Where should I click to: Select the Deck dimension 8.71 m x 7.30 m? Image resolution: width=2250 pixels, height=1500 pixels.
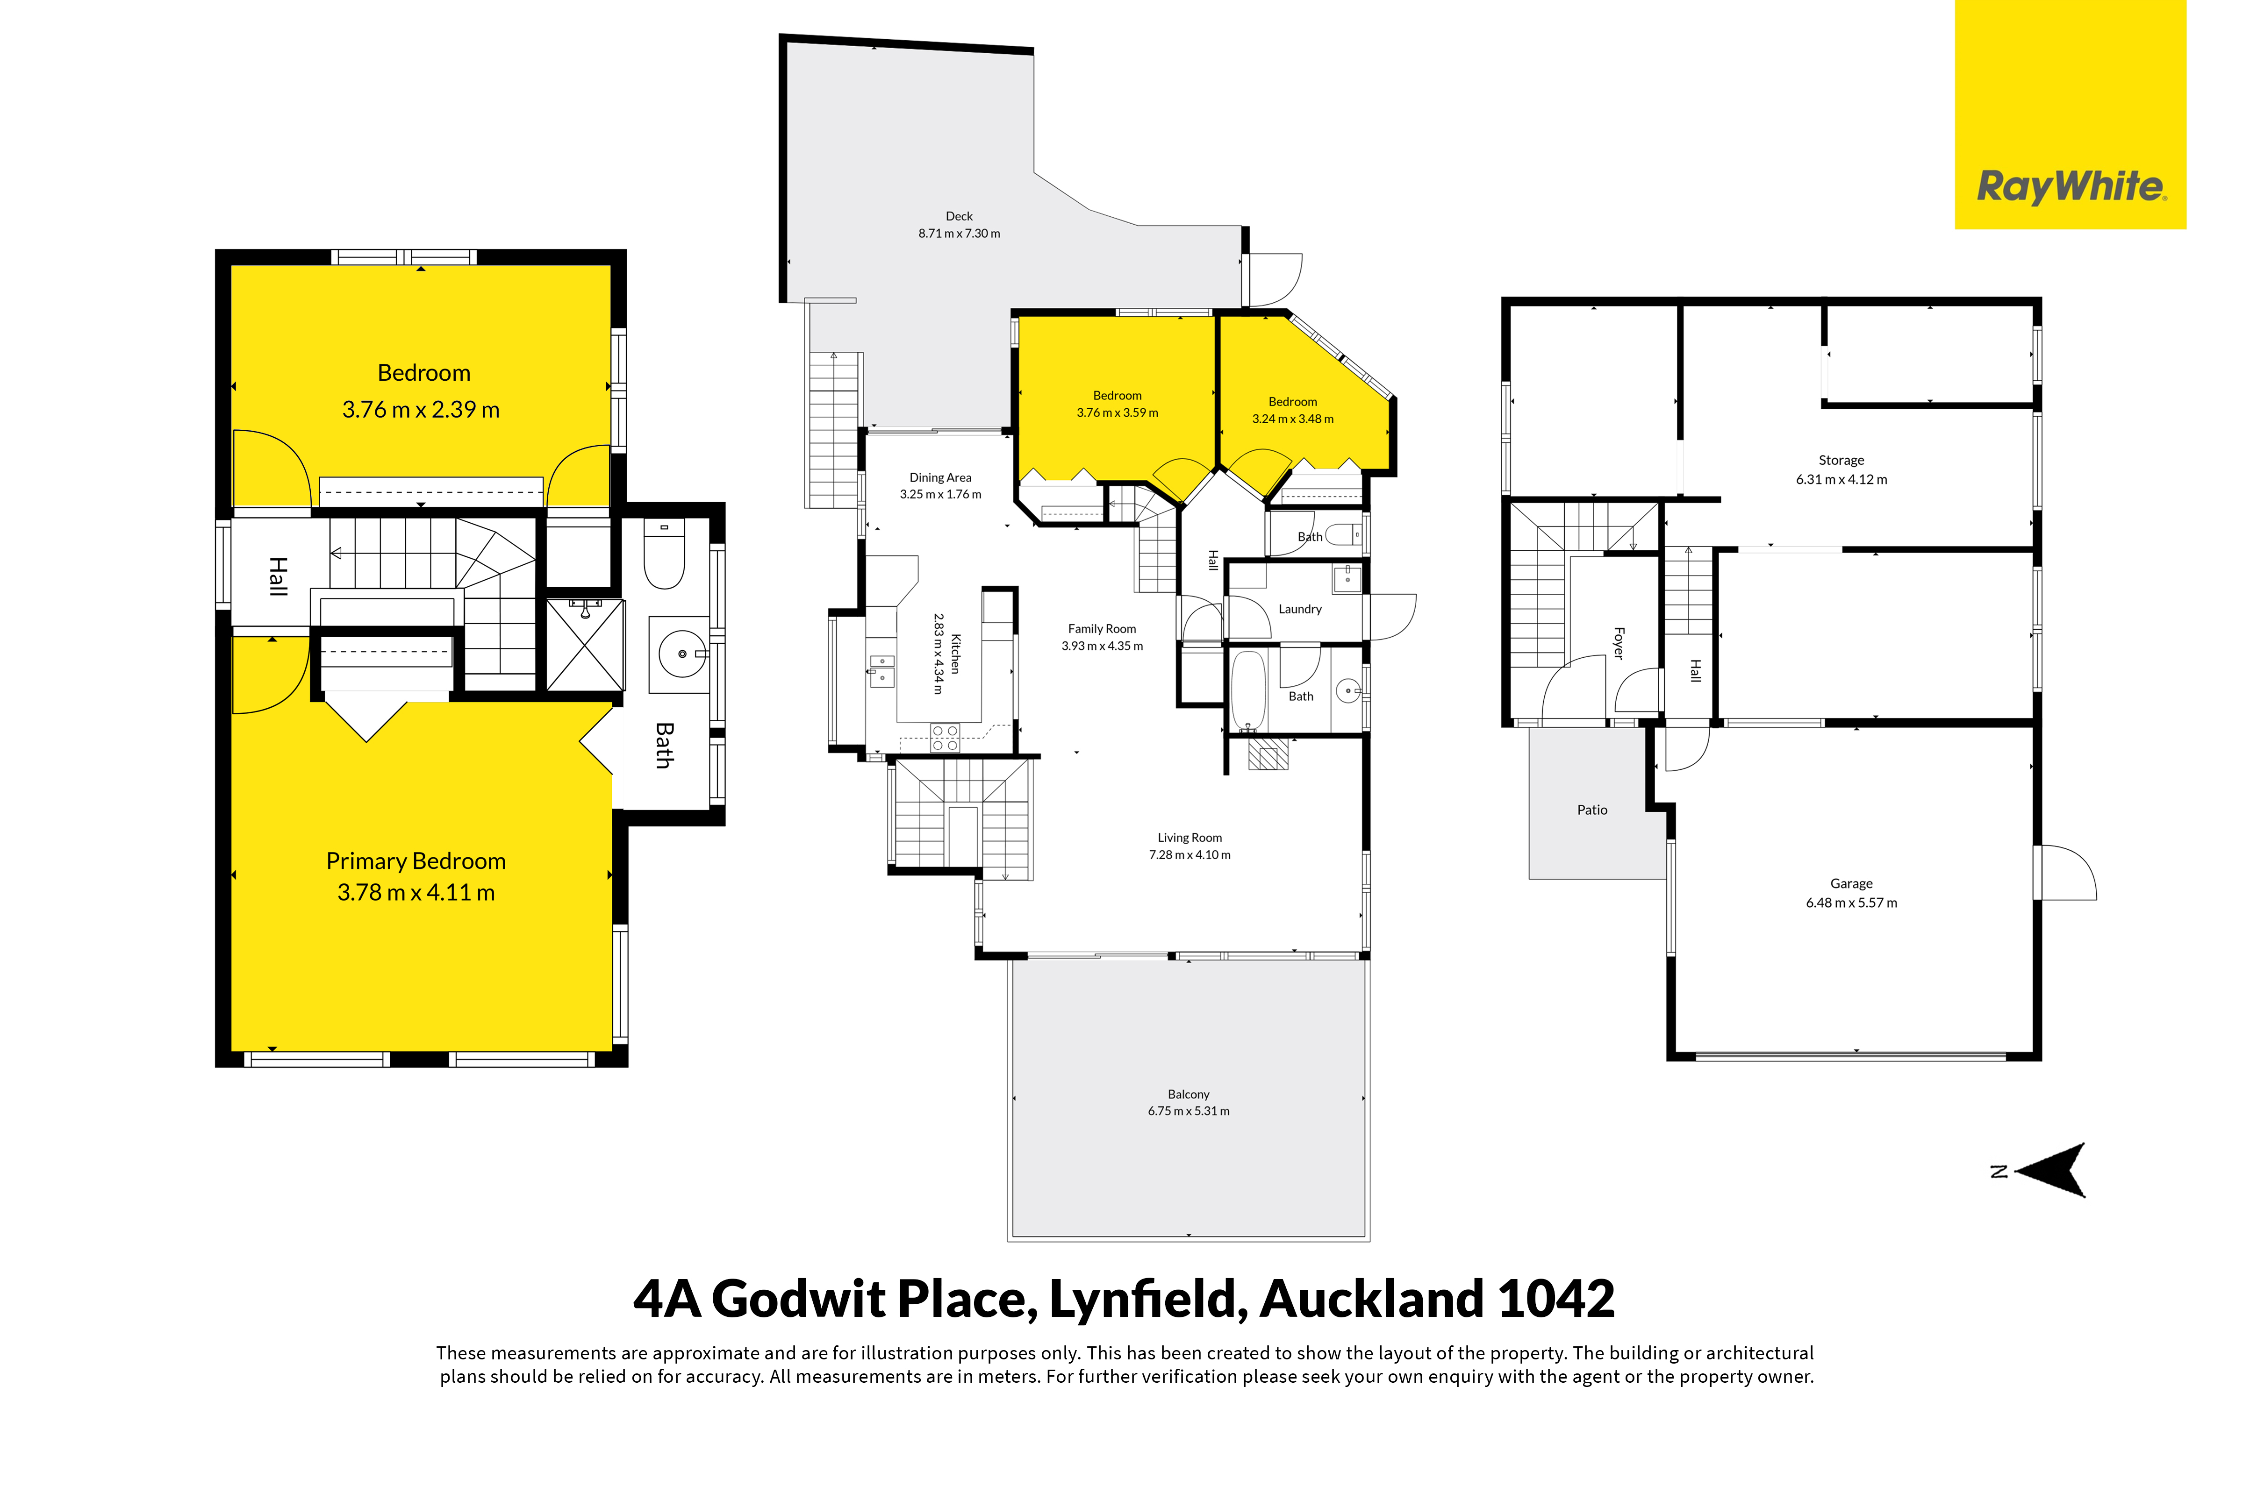coord(959,234)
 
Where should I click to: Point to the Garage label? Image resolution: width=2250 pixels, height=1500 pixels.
coord(1851,884)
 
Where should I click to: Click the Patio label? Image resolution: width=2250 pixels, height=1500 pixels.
coord(1591,810)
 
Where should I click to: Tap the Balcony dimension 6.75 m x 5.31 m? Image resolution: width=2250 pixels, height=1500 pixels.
coord(1189,1111)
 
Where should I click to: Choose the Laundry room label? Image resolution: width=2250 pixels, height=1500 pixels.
coord(1300,609)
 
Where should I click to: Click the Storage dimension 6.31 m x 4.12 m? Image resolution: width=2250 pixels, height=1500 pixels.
coord(1842,479)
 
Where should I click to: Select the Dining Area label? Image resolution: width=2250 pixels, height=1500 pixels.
coord(940,477)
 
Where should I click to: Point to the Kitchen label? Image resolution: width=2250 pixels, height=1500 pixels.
coord(955,654)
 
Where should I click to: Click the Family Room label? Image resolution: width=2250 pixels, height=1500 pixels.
coord(1102,628)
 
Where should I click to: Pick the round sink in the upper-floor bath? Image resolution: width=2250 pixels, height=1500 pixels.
coord(682,654)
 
